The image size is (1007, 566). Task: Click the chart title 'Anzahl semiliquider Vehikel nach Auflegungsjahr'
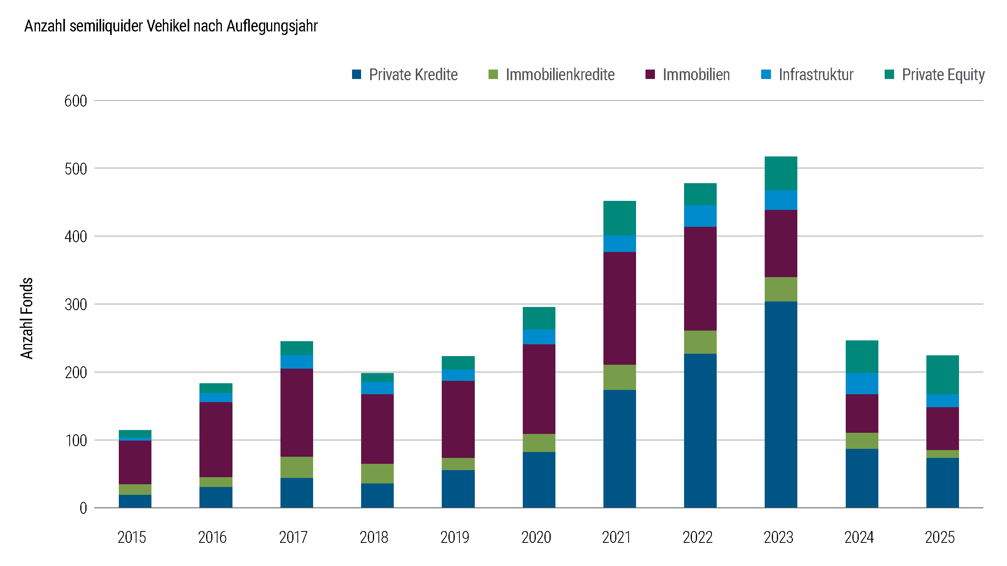coord(171,26)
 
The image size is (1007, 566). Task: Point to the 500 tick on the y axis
coord(76,169)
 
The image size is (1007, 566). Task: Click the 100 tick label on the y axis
coord(76,441)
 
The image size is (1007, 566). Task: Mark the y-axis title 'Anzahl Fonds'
coord(27,318)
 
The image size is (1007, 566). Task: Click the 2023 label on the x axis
coord(778,537)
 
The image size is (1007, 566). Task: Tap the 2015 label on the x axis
coord(131,537)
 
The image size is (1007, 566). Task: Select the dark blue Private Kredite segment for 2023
coord(780,405)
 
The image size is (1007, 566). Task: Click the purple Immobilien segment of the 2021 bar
coord(619,308)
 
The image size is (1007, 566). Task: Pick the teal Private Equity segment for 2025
coord(942,375)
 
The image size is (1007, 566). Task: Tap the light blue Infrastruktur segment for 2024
coord(861,384)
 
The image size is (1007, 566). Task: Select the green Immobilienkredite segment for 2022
coord(700,342)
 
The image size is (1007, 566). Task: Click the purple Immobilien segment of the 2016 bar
coord(216,439)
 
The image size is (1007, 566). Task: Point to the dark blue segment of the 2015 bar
coord(135,501)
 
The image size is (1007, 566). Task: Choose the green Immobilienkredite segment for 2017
coord(296,467)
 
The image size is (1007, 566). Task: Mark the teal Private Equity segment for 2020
coord(539,318)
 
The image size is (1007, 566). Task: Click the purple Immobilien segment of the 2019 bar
coord(458,419)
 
